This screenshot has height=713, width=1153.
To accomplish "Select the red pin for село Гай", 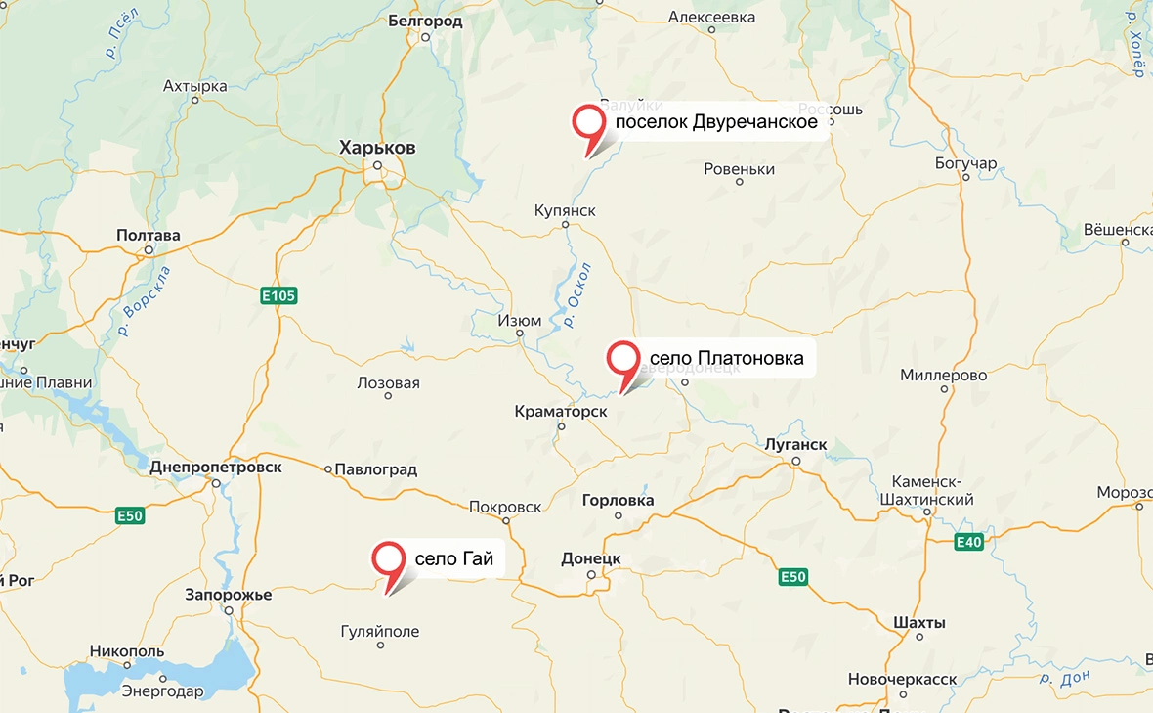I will point(390,560).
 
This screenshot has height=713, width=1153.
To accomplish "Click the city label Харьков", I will point(377,148).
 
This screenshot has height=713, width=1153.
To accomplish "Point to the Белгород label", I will point(425,21).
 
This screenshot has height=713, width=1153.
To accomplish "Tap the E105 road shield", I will point(278,295).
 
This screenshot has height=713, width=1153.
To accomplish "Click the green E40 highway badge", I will point(968,542).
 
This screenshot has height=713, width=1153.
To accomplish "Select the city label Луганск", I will point(796,445).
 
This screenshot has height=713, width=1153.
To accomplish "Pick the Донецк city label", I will point(591,558).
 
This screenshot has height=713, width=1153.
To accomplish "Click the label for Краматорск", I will point(561,412).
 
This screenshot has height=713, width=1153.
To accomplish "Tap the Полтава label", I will point(149,236).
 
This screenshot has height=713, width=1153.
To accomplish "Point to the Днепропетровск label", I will point(216,468).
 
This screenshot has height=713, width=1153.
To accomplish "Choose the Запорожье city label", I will point(229,594).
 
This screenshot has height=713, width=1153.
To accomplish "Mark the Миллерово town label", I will point(944,376).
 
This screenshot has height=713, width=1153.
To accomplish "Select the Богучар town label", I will point(965,162).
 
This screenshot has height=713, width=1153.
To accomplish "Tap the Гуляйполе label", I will point(380,631).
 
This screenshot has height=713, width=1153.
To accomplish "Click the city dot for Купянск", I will point(565,225).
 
